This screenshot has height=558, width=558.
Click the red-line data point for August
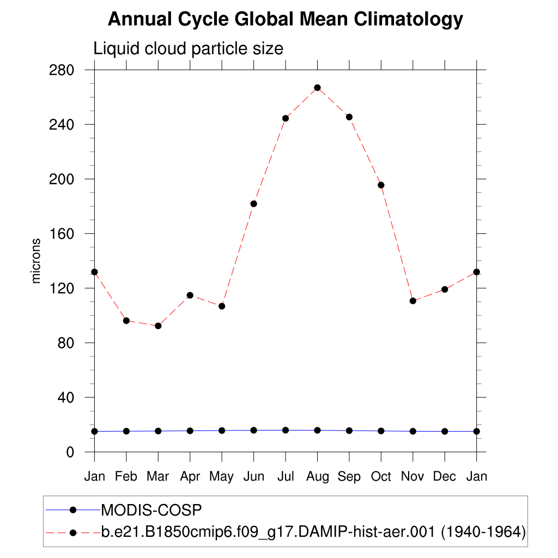(317, 88)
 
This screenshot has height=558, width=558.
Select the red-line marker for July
(286, 118)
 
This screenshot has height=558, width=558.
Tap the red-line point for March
(158, 326)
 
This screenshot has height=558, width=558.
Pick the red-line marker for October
(381, 185)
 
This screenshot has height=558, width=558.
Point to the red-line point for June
(253, 204)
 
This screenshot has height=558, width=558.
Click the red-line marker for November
(413, 301)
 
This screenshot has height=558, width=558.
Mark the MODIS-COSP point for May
(222, 430)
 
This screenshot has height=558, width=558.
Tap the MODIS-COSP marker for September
(349, 430)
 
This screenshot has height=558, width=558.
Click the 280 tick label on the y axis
(62, 70)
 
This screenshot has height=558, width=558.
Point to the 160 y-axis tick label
(62, 234)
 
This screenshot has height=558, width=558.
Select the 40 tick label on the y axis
(66, 397)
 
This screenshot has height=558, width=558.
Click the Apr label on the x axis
(190, 477)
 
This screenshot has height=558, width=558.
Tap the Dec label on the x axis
(445, 477)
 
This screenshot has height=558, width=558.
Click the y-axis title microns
(37, 260)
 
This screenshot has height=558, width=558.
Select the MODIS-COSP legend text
(151, 511)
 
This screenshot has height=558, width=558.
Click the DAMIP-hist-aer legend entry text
(313, 532)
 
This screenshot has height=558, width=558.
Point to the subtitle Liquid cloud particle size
(189, 48)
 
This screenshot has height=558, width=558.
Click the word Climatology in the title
(409, 20)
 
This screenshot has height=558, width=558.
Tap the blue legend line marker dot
(73, 510)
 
